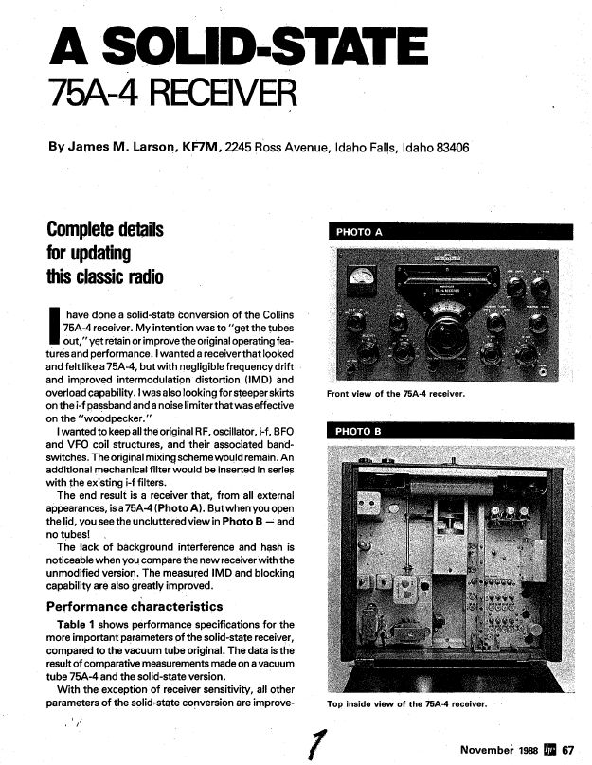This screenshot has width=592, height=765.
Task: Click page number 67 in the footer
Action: [x=567, y=749]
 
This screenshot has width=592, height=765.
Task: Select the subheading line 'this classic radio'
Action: [x=104, y=277]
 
